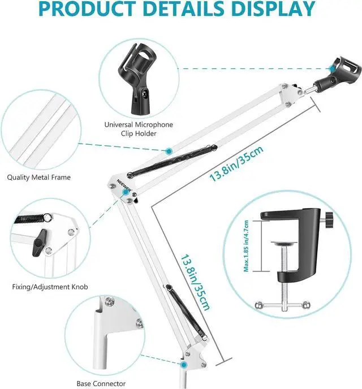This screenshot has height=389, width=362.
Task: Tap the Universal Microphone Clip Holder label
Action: click(x=139, y=129)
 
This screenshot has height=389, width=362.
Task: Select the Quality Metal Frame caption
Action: click(x=39, y=177)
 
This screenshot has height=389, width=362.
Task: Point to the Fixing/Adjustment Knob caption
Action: click(x=50, y=287)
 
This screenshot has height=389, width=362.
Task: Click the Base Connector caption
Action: click(x=101, y=383)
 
